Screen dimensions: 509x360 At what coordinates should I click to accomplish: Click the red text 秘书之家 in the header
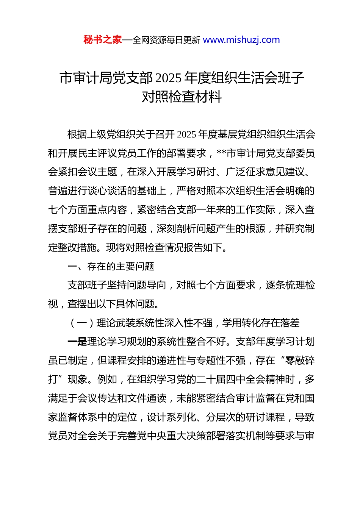103,40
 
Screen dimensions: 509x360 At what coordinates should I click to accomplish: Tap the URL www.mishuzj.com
241,40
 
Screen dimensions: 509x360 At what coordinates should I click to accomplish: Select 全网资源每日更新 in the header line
166,40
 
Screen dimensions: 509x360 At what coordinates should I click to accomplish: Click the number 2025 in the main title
169,78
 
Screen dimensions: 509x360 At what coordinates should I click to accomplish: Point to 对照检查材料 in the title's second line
182,97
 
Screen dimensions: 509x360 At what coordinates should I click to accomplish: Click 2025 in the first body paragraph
186,134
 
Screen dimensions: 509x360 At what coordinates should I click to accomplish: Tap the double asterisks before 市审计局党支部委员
221,153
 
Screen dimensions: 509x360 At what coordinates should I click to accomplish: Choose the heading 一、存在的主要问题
111,266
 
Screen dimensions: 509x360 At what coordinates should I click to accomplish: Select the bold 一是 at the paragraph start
77,342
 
